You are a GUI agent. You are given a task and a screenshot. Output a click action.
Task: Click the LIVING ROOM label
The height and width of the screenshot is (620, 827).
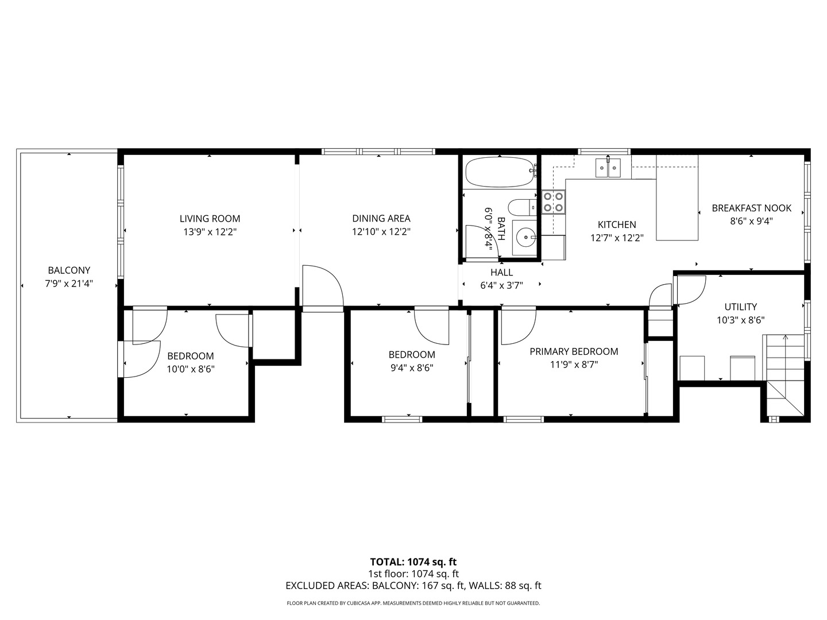tap(210, 219)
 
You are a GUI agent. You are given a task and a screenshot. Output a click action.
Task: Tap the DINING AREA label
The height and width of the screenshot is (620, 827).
tap(381, 219)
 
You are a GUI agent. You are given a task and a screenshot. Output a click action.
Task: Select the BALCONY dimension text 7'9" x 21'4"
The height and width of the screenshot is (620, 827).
tap(69, 284)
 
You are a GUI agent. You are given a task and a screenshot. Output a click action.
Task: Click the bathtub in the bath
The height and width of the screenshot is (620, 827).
tap(500, 172)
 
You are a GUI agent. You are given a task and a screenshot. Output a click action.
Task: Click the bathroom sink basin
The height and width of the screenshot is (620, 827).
tap(525, 236)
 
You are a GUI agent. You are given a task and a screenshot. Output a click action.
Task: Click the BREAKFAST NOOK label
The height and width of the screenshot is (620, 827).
tap(751, 208)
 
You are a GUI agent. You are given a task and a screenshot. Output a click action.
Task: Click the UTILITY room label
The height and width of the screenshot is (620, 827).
tap(740, 307)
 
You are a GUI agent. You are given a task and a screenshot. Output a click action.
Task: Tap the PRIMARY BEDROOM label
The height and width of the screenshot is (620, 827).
tap(574, 352)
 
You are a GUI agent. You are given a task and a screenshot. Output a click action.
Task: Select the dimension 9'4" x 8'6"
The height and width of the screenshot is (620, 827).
tap(412, 368)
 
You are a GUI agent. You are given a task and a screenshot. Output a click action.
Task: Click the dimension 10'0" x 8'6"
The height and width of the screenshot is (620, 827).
tap(191, 370)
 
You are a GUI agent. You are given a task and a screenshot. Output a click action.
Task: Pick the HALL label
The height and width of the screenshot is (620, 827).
tap(501, 273)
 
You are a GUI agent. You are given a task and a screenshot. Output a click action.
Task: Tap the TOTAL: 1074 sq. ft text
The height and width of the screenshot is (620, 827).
tap(413, 562)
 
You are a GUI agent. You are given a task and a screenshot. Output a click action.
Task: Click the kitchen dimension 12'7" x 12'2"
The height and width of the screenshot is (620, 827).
tap(617, 238)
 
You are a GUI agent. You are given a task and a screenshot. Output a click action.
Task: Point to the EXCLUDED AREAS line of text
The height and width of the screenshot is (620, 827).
tap(413, 586)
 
